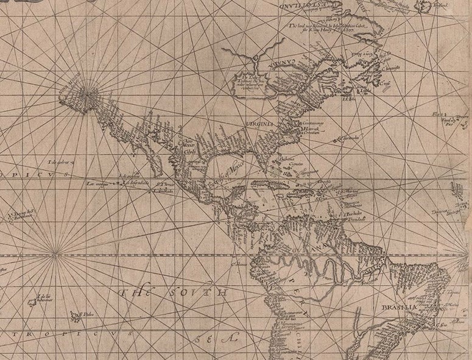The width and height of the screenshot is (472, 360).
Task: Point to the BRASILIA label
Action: pyautogui.click(x=399, y=308)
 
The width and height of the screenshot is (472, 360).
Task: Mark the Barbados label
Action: pyautogui.click(x=353, y=214)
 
